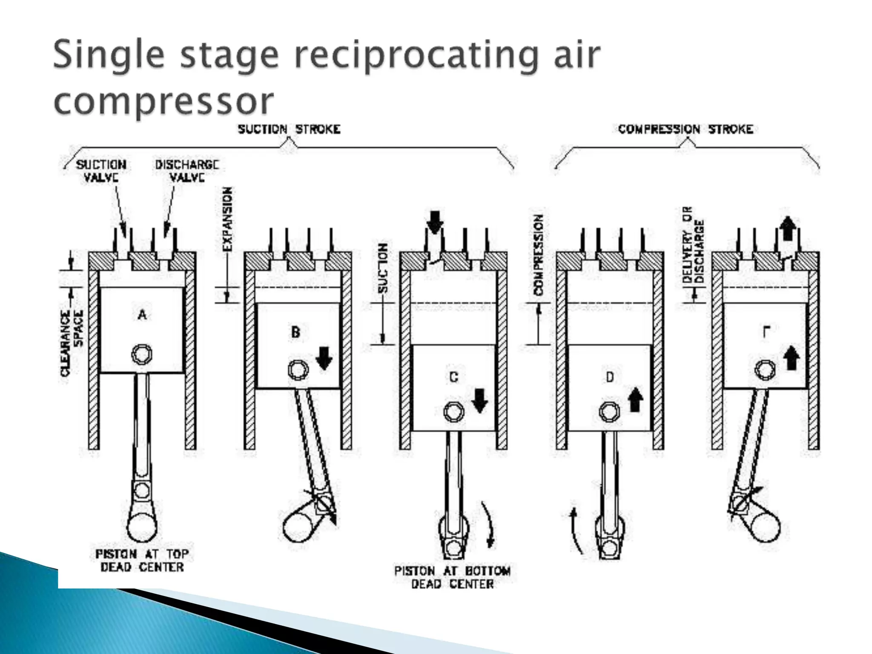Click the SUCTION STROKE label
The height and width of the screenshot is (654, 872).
[x=289, y=129]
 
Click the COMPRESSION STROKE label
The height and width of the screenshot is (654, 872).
[x=686, y=129]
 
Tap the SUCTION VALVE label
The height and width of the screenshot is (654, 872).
[x=101, y=171]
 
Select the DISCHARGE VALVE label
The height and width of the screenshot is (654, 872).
[x=187, y=171]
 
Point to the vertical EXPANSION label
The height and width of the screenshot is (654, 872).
[x=228, y=219]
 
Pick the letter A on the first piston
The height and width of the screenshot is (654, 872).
[x=142, y=315]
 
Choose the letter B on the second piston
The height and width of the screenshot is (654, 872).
[x=295, y=332]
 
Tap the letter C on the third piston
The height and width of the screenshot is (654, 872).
[x=453, y=377]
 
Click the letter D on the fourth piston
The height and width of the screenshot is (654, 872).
[x=610, y=377]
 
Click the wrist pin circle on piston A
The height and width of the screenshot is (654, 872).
[x=142, y=354]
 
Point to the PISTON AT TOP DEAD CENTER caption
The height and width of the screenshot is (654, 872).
[x=142, y=561]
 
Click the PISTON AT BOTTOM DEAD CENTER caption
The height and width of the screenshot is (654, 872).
[x=453, y=577]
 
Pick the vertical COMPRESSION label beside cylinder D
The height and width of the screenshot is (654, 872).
[x=539, y=255]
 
